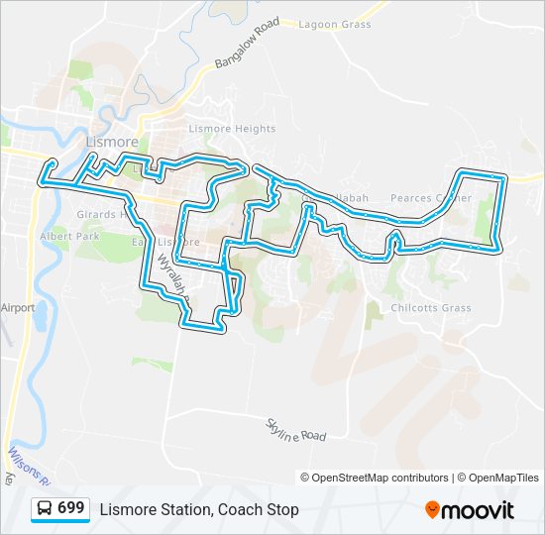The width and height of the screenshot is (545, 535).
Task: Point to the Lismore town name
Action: [x=112, y=143]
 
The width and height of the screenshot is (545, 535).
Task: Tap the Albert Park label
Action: [x=70, y=238]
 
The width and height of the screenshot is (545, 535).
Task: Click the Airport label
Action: [x=18, y=308]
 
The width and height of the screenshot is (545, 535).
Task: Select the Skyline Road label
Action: [x=294, y=430]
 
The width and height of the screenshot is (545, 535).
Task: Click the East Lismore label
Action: [x=166, y=242]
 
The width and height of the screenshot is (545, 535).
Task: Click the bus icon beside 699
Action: [x=45, y=508]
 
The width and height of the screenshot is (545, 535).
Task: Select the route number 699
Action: [x=71, y=508]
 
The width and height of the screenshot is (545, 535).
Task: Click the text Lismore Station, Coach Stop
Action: [x=199, y=509]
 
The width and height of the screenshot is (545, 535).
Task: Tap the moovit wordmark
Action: [x=479, y=510]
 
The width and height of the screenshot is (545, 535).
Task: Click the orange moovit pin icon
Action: [x=432, y=510]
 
